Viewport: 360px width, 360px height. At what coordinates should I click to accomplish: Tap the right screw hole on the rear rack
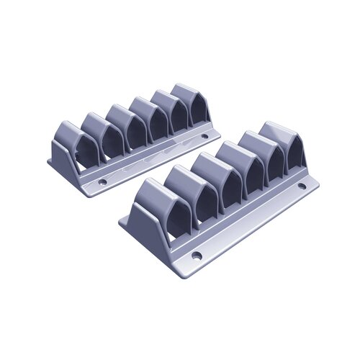(x=204, y=135)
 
